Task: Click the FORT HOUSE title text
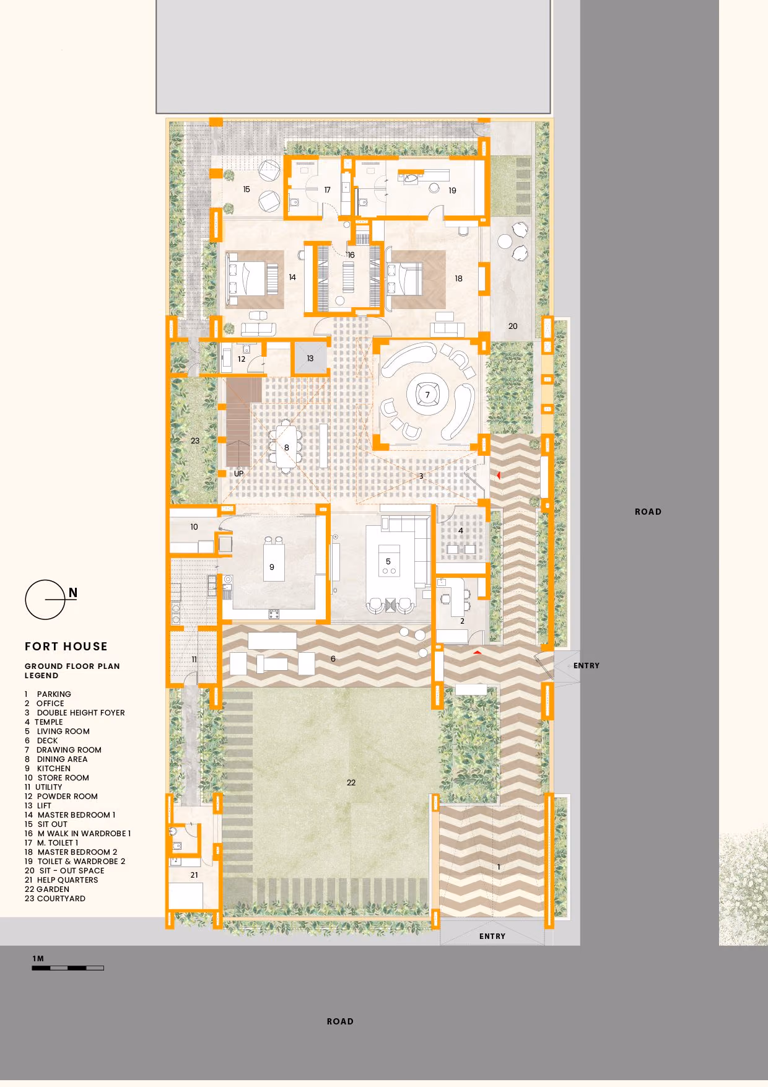66,646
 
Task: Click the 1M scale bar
68,967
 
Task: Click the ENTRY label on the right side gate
587,665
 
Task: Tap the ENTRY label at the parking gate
492,936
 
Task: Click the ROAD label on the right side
648,512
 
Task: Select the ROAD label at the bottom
340,1021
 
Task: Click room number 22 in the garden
351,782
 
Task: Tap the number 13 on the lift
310,358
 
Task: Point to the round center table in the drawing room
427,395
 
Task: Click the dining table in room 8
286,445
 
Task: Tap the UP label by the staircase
238,474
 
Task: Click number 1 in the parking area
499,867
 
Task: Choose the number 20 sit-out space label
513,326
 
